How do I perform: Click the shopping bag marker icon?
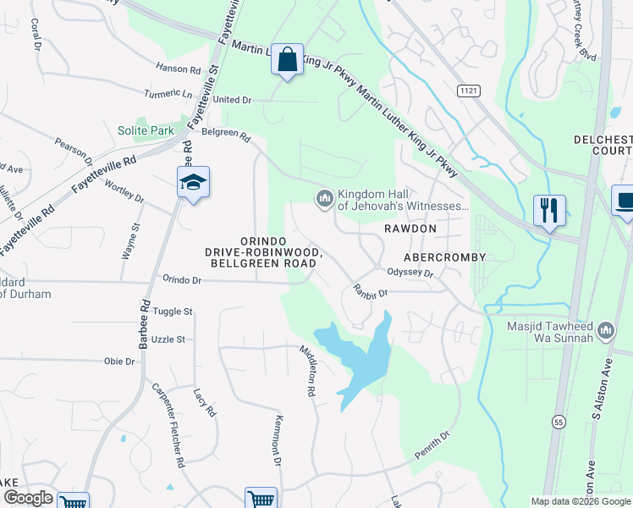tap(288, 60)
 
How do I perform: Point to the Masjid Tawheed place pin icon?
tap(606, 329)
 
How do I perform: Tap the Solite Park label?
tap(146, 130)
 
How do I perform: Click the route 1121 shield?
tap(467, 90)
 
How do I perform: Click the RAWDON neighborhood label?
tap(410, 229)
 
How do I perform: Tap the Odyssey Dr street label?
tap(410, 273)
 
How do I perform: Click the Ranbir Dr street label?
tap(370, 292)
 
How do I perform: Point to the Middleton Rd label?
tap(306, 372)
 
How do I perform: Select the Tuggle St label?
tap(173, 312)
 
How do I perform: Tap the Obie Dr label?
tap(119, 362)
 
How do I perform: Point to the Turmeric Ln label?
tap(168, 93)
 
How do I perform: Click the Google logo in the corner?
tap(28, 499)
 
